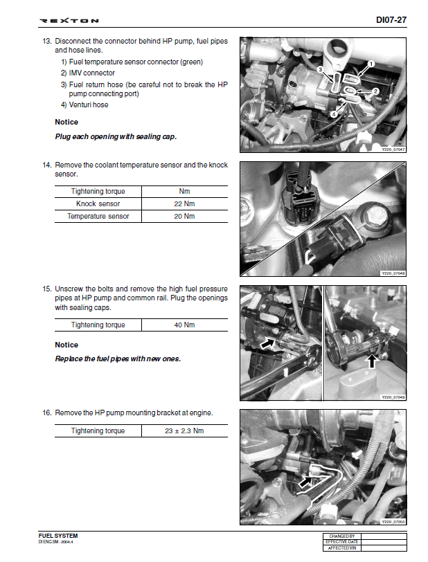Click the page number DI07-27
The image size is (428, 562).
[x=391, y=20]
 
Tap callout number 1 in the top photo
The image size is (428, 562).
[x=371, y=64]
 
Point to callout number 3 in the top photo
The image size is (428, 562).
[x=319, y=70]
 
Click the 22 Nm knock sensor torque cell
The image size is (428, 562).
[x=184, y=204]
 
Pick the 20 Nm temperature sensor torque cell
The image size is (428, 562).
[x=184, y=217]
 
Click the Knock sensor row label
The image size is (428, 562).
[x=98, y=204]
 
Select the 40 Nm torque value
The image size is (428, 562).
[x=184, y=325]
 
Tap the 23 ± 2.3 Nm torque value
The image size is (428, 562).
[x=184, y=431]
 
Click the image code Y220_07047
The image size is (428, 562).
[x=393, y=149]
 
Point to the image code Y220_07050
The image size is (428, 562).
[x=393, y=521]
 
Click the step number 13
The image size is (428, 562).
[x=46, y=41]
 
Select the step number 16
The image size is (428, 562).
[x=46, y=413]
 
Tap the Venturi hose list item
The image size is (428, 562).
[x=84, y=105]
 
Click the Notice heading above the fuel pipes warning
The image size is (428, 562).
[x=66, y=345]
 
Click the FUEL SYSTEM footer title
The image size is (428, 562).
[x=58, y=536]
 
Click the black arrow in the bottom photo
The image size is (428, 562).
[x=305, y=480]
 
